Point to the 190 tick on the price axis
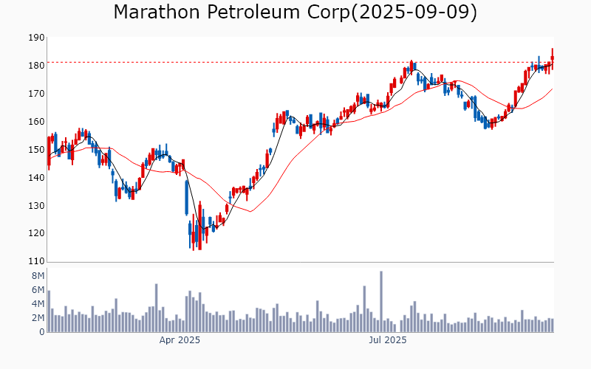click(x=35, y=38)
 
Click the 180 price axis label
click(x=35, y=66)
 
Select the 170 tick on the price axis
click(x=35, y=94)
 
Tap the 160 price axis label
click(x=35, y=122)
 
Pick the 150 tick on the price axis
click(x=35, y=150)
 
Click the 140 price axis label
click(x=35, y=178)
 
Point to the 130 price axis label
click(x=35, y=206)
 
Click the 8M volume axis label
click(x=37, y=276)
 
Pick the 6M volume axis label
click(x=37, y=290)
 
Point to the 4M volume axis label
click(x=37, y=304)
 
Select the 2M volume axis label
click(x=37, y=318)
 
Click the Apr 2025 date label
click(x=180, y=340)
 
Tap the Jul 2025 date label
click(x=387, y=340)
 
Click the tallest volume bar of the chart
click(x=381, y=301)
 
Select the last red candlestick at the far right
click(x=552, y=57)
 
